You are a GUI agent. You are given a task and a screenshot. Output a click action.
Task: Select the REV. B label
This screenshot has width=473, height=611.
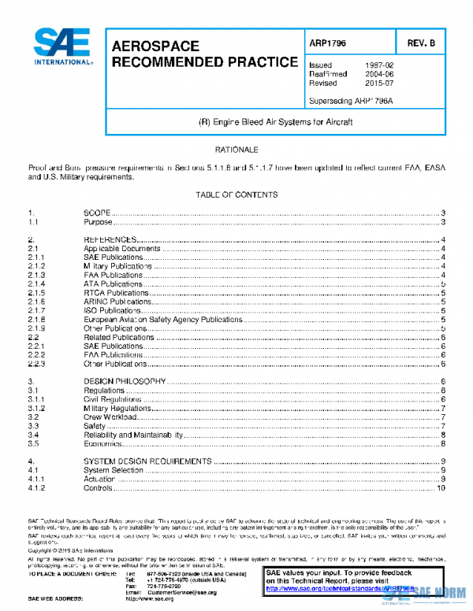click(422, 44)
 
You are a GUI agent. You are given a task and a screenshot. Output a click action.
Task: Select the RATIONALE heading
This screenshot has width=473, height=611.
click(236, 149)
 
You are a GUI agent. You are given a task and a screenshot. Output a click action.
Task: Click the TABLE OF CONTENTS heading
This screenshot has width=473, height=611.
click(236, 194)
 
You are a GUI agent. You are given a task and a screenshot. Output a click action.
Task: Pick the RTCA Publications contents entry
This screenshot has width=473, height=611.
click(116, 293)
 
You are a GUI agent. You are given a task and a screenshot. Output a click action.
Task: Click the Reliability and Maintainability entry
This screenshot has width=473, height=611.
click(134, 435)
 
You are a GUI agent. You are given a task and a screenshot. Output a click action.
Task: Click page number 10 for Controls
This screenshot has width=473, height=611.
click(441, 488)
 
